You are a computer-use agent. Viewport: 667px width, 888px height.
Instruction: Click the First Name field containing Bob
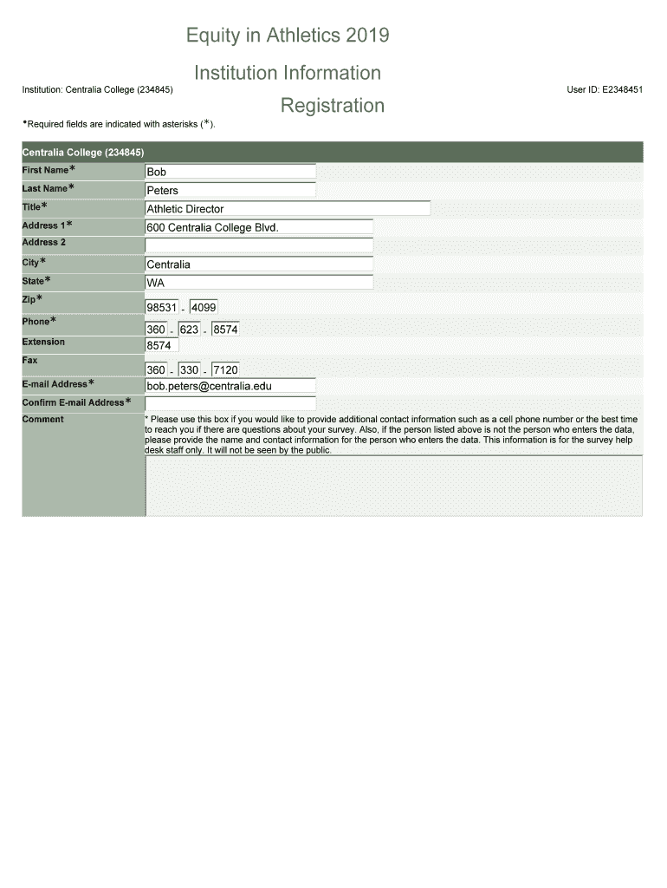tap(230, 172)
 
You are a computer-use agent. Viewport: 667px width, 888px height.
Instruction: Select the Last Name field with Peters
tap(230, 190)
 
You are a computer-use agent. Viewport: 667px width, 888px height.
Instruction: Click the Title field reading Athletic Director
tap(287, 209)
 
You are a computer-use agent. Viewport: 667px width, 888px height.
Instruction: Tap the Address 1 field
tap(258, 227)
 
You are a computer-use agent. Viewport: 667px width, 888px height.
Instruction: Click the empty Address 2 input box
tap(258, 245)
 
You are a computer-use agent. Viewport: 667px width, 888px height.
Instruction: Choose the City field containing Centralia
tap(258, 264)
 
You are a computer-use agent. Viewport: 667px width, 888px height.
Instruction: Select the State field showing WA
tap(258, 283)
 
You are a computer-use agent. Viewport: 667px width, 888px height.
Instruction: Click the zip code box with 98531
tap(162, 308)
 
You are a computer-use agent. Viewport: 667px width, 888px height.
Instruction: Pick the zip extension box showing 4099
tap(204, 308)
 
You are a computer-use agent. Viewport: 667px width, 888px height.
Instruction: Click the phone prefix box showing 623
tap(189, 330)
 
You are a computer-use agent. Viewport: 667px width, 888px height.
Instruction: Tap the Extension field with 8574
tap(162, 345)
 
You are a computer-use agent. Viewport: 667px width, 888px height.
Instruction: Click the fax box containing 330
tap(189, 370)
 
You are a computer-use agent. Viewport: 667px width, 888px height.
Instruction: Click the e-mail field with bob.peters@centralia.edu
tap(230, 386)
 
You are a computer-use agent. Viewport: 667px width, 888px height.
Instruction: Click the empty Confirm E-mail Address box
tap(230, 403)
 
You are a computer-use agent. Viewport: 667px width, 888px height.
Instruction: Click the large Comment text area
tap(393, 486)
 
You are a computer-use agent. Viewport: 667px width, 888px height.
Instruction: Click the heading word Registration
tap(332, 106)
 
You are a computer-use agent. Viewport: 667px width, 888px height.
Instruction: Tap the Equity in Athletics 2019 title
tap(288, 36)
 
